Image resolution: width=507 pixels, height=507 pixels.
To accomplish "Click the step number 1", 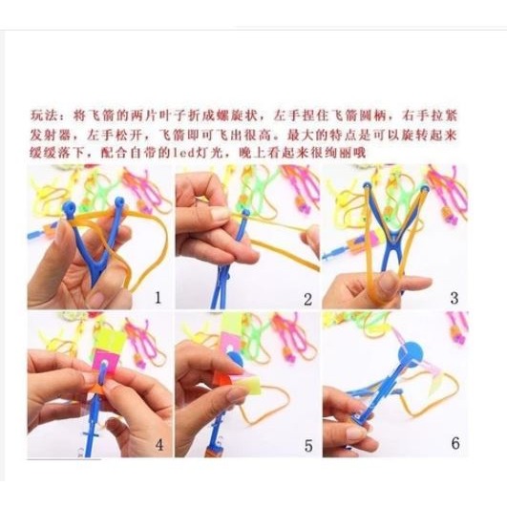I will click(158, 297).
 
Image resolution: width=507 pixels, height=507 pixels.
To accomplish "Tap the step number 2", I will click(307, 299).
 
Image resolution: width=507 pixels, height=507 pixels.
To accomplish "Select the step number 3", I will click(454, 297).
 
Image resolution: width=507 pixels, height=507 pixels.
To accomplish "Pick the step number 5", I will click(307, 444).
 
